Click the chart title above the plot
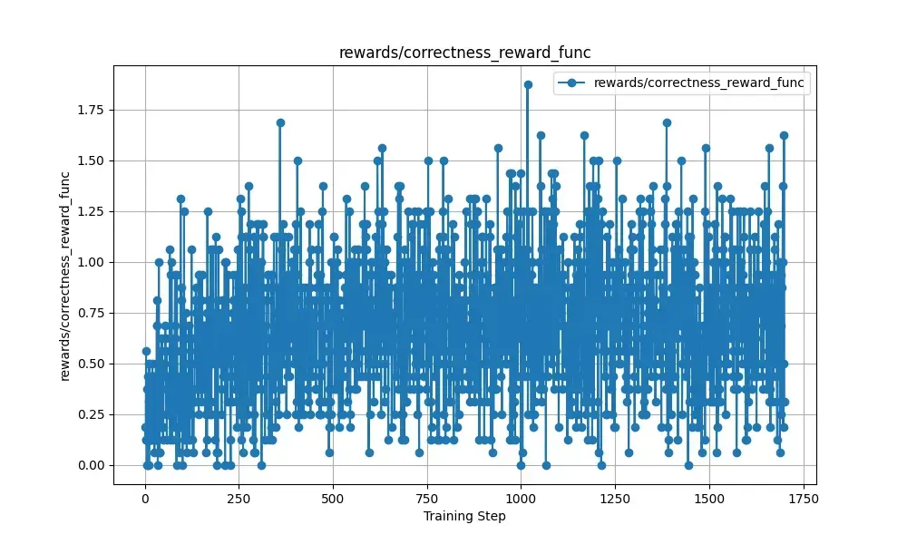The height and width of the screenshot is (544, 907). coord(463,53)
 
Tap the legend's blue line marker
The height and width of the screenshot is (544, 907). coord(571,83)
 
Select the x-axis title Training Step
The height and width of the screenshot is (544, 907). coord(463,517)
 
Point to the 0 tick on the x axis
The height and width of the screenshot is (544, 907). coord(145,499)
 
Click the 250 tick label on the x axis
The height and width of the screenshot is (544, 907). coord(239,499)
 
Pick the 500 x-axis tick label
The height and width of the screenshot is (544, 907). coord(333,499)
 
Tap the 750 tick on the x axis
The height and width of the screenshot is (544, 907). coord(427,499)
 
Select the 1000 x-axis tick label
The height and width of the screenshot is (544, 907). coord(521,499)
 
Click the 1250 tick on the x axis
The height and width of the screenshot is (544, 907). coord(615,499)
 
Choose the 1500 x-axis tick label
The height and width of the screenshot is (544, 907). coord(708,499)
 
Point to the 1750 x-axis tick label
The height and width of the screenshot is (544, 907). coord(803,499)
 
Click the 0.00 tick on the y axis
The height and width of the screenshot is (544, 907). coord(91,465)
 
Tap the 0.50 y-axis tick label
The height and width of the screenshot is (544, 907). coord(91,364)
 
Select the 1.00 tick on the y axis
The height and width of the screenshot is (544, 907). coord(91,262)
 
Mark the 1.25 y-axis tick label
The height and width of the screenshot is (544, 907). coord(91,211)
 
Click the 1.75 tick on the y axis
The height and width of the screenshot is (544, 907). coord(91,110)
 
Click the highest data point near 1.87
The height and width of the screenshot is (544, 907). coord(528,84)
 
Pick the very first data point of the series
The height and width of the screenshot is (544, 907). coord(145,351)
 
